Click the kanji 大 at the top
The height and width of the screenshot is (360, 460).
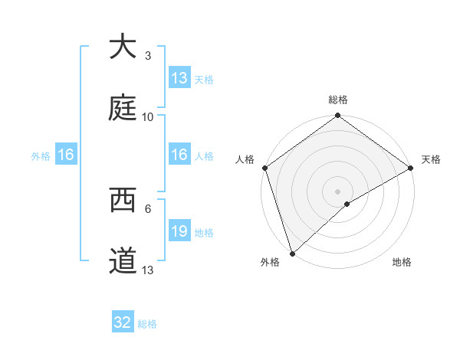[122, 47]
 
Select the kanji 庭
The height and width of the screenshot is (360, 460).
[122, 108]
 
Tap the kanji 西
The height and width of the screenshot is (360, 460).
[122, 200]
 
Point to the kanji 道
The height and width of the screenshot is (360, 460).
[122, 261]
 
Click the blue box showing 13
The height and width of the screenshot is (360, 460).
[179, 78]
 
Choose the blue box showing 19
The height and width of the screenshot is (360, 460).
[179, 231]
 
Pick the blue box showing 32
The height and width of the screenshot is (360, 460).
[123, 322]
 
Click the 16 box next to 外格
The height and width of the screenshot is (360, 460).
[66, 155]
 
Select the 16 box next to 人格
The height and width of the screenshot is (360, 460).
[179, 155]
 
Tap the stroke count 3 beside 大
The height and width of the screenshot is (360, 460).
[148, 55]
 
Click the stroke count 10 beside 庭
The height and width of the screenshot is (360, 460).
[148, 116]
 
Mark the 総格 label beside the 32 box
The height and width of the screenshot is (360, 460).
[147, 324]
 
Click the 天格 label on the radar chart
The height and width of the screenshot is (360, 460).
[431, 159]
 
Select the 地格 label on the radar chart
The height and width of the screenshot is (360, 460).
[402, 262]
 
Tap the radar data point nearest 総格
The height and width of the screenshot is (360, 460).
[337, 116]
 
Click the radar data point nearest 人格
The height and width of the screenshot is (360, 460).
[265, 168]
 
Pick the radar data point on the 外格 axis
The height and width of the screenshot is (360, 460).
[292, 253]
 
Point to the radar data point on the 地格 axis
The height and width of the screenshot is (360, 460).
[347, 204]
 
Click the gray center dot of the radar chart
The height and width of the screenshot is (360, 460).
[337, 191]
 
